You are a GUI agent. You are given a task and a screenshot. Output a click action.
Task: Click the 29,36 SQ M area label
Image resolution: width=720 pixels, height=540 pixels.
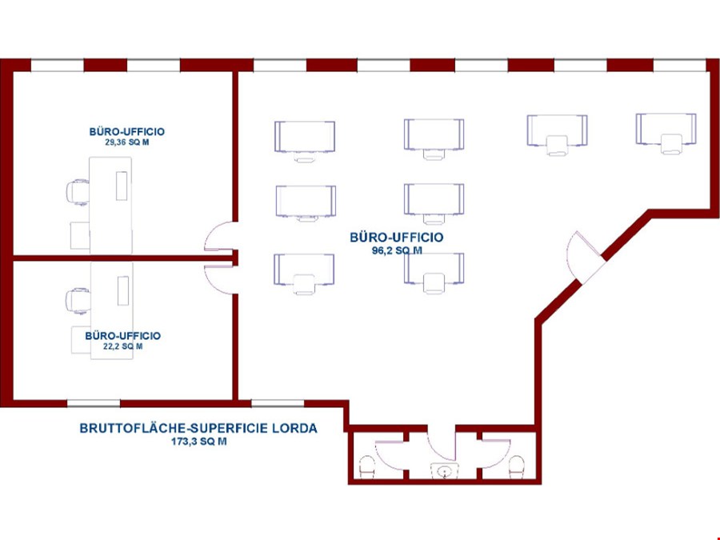[x=127, y=142]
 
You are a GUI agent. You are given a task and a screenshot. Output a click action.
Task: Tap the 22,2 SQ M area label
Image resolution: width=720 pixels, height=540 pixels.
[x=123, y=346]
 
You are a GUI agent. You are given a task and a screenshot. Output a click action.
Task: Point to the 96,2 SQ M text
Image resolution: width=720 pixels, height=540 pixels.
[x=397, y=250]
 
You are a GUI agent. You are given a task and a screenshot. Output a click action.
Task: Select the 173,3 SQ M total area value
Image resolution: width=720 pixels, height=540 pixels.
[x=198, y=442]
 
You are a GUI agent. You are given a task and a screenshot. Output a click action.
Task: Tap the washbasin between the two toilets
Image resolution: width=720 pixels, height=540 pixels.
[x=445, y=471]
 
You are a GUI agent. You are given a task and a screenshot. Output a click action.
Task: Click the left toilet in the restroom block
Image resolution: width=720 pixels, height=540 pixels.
[x=367, y=466]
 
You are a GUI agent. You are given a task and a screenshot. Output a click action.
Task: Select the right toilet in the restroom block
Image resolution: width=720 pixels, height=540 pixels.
[x=517, y=466]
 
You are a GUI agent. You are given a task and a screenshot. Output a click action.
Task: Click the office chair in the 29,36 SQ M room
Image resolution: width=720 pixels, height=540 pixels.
[x=78, y=192]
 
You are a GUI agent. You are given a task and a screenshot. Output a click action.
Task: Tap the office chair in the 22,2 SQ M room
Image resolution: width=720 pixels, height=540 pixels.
[x=78, y=301]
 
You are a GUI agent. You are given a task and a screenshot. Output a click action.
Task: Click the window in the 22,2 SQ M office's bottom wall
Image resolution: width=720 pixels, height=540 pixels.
[x=94, y=404]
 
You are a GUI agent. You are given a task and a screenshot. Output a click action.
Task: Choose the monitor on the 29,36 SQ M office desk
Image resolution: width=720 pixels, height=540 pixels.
[x=122, y=186]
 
